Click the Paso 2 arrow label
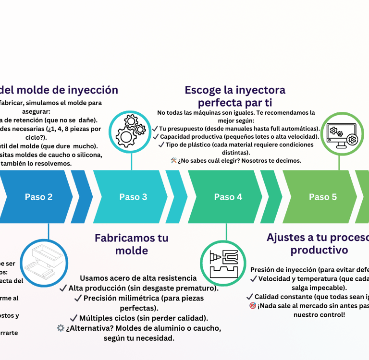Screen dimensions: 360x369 pos(38,197)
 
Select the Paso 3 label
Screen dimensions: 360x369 pos(133,197)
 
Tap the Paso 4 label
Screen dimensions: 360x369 pos(228,197)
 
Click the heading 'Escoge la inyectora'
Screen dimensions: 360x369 pos(235,90)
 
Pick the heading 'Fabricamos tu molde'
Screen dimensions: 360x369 pos(132,244)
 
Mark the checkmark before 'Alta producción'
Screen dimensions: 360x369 pos(63,288)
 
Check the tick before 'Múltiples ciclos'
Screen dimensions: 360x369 pos(74,318)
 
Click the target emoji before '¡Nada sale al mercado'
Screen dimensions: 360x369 pos(253,306)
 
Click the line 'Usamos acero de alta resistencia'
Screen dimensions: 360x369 pos(138,278)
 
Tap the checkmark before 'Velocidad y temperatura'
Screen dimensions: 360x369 pos(254,279)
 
